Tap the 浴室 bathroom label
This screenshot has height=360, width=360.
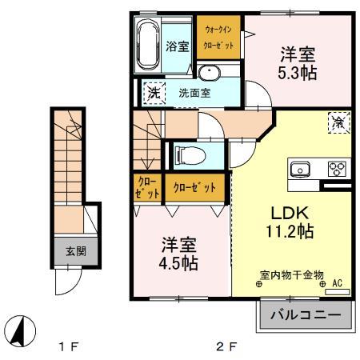[x=177, y=47]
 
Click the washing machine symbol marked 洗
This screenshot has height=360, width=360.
[x=153, y=91]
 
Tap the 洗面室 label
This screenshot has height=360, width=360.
[x=194, y=91]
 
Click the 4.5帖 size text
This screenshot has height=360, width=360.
[x=178, y=262]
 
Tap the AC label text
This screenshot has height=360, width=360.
[x=336, y=283]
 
